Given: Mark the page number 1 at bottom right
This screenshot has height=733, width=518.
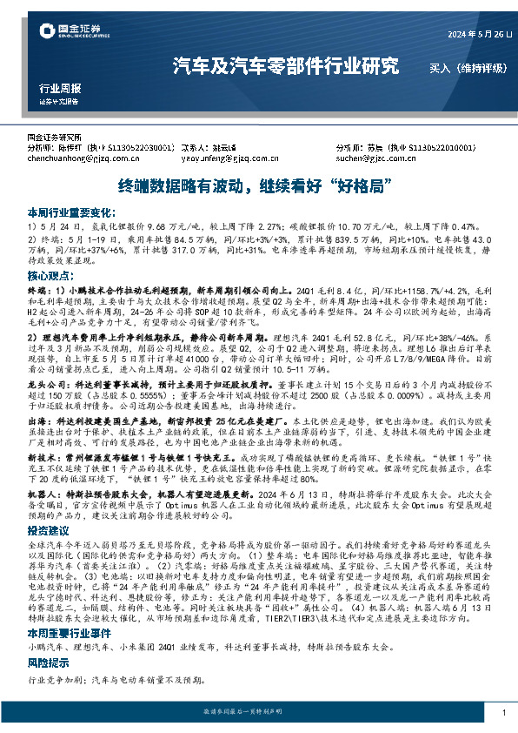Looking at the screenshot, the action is coord(504,713).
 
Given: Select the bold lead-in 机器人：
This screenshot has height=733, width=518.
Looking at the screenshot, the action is coord(44,491).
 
